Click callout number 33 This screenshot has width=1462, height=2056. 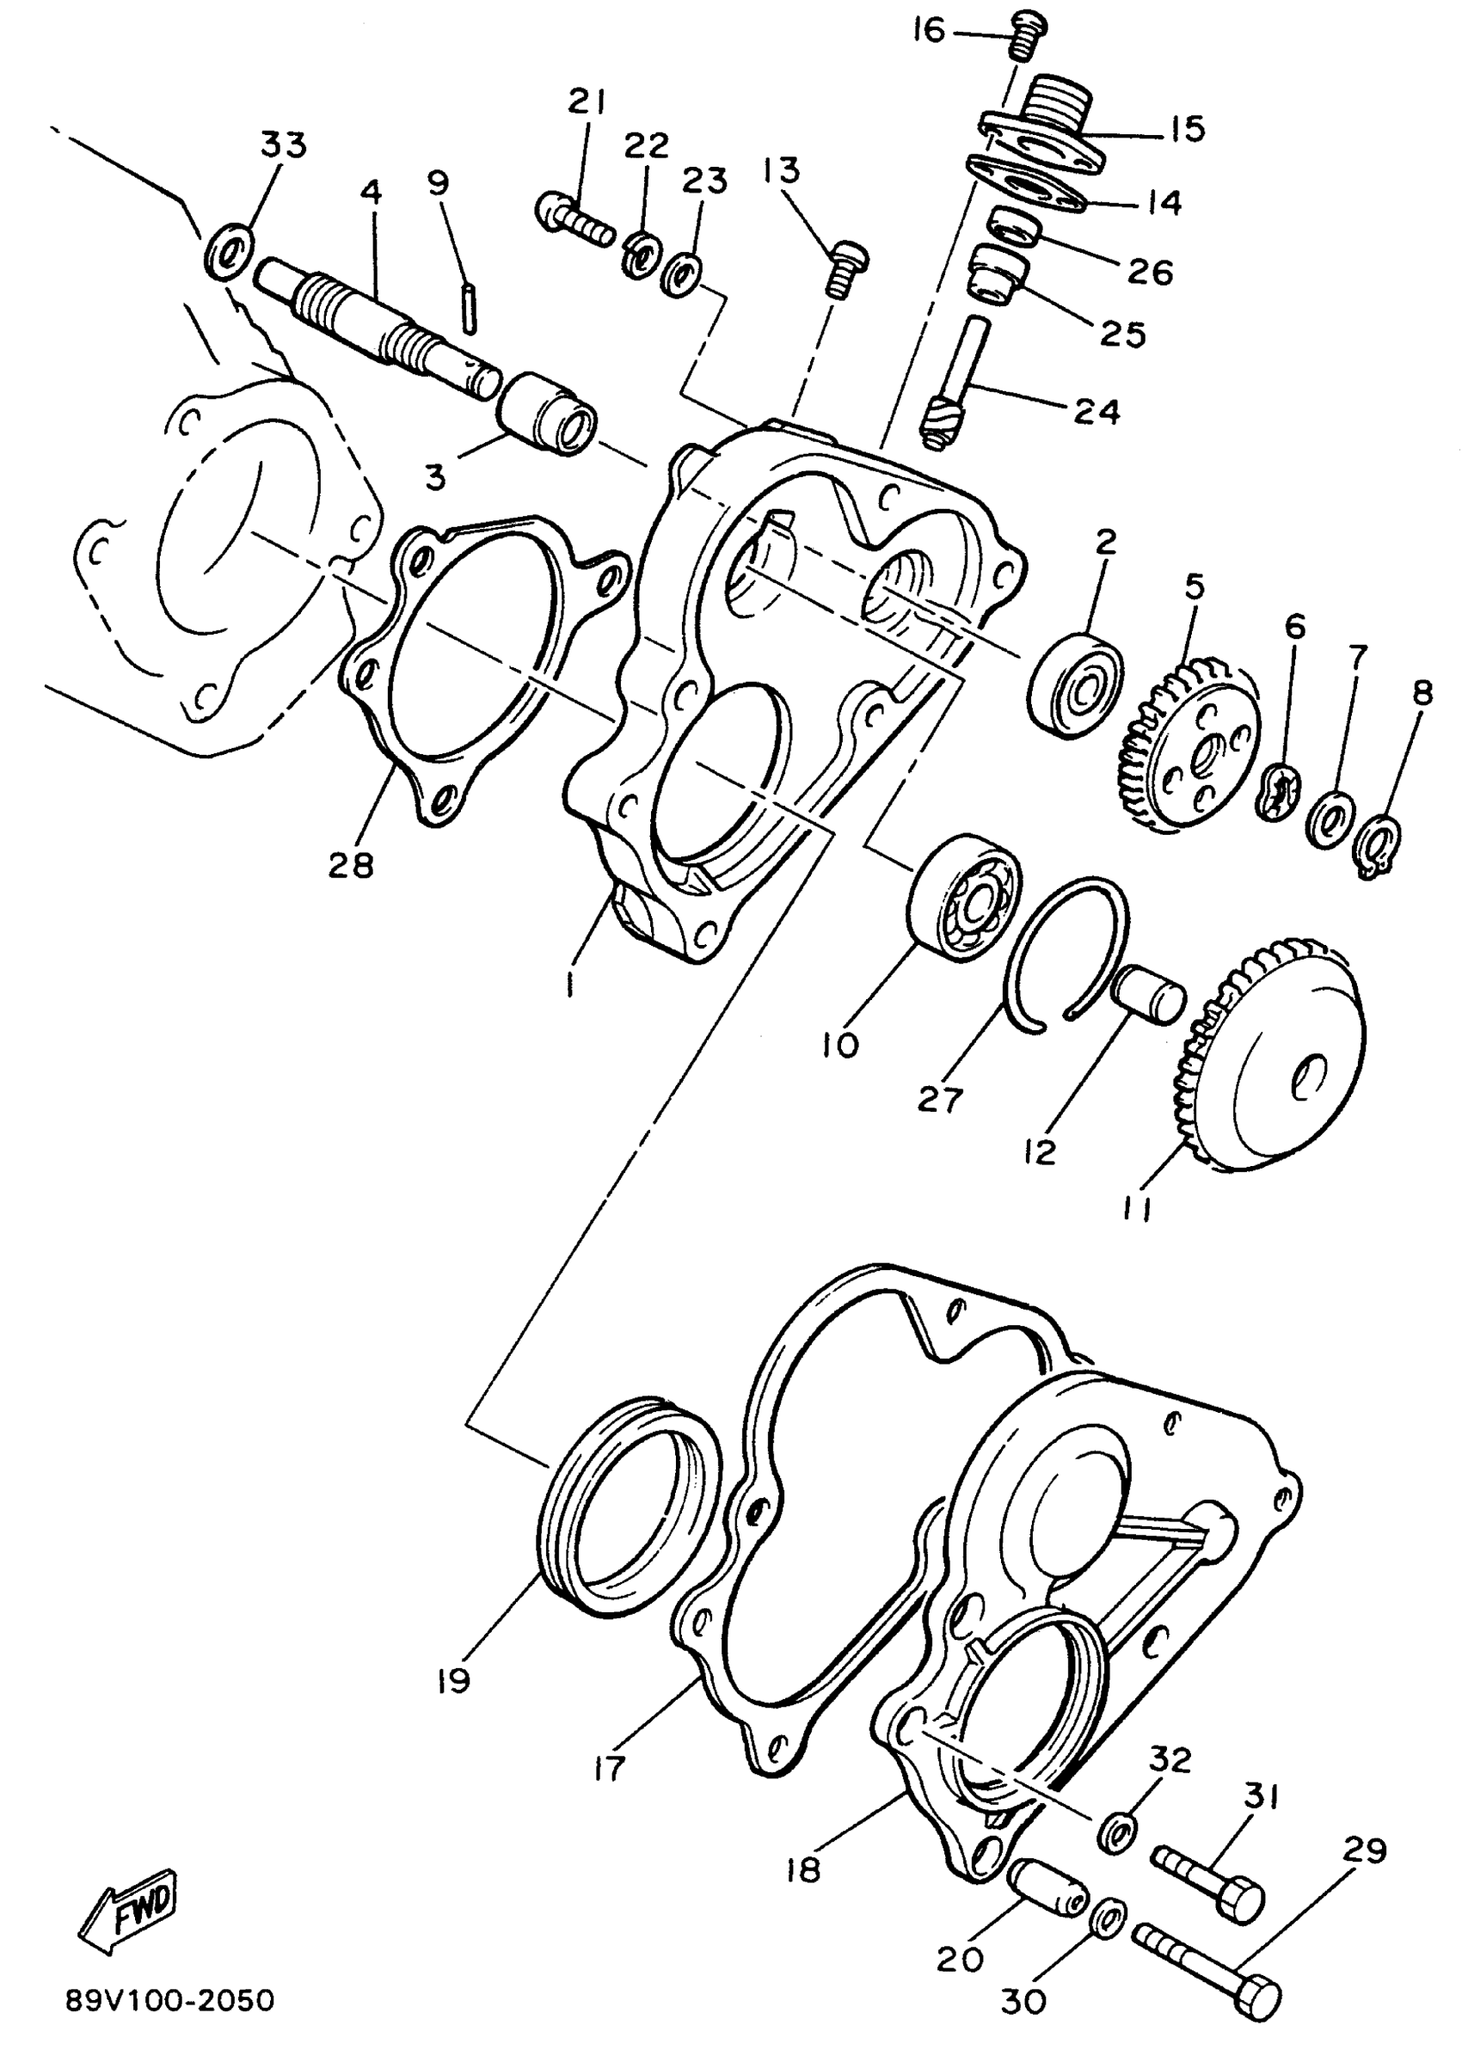click(284, 144)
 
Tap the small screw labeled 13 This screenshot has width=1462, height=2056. click(845, 267)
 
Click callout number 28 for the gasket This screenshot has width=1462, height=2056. click(351, 865)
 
